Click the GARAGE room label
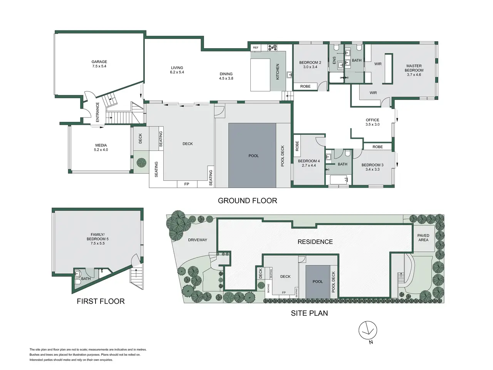(x=99, y=62)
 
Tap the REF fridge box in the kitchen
(x=256, y=48)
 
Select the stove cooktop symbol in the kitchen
(x=272, y=47)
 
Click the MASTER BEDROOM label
(x=414, y=68)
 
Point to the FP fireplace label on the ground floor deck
(x=187, y=184)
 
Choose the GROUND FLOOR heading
(x=247, y=201)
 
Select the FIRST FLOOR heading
(x=101, y=301)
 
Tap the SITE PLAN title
(x=309, y=313)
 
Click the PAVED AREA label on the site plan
(x=423, y=238)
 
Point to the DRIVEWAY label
(x=198, y=240)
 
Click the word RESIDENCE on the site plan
(x=315, y=242)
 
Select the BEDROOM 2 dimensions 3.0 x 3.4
(x=310, y=67)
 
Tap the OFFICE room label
(x=372, y=120)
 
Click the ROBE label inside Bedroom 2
(x=305, y=86)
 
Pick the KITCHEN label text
(x=277, y=72)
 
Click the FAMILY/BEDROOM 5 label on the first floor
(x=98, y=237)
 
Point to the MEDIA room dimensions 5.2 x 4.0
(x=101, y=150)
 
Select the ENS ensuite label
(x=334, y=60)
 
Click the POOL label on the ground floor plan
(x=253, y=156)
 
